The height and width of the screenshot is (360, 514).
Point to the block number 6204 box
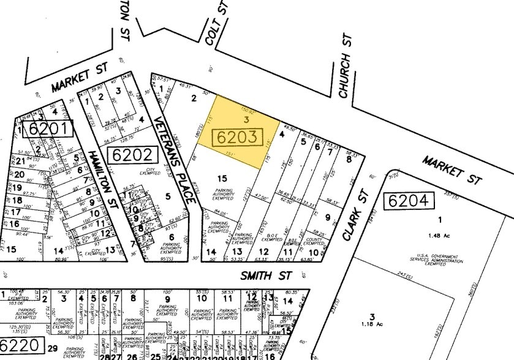click(x=409, y=200)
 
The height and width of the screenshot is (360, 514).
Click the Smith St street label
click(x=265, y=276)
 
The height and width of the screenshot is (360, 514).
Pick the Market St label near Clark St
click(x=451, y=170)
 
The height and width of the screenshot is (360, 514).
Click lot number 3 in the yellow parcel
click(x=246, y=118)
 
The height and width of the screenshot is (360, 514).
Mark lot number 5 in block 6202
click(x=167, y=197)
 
